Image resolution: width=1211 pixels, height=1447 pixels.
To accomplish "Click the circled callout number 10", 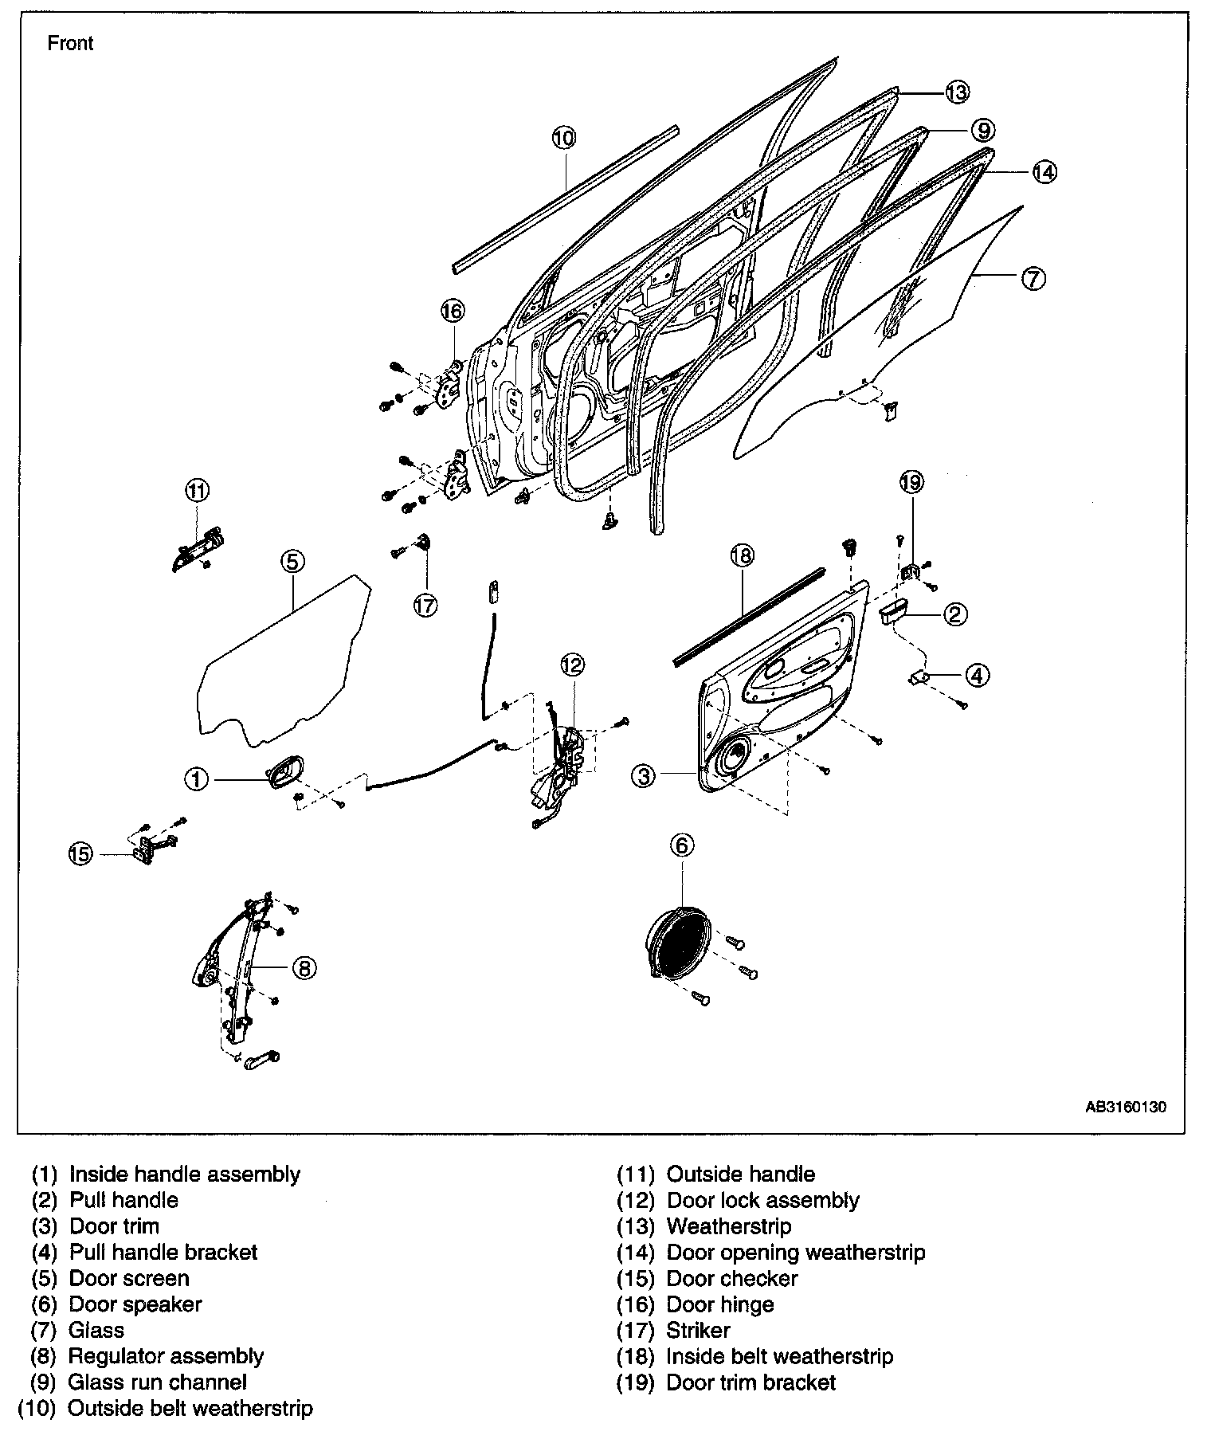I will tap(562, 138).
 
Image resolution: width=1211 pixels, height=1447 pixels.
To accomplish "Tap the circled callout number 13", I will tap(957, 92).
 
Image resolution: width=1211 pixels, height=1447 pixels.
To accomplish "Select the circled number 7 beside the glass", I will tap(1033, 279).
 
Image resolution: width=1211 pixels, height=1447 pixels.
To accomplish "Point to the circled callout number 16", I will tap(452, 310).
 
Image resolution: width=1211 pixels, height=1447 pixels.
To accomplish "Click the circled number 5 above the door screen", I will tap(292, 562).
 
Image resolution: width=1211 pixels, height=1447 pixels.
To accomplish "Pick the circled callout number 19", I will tap(911, 481).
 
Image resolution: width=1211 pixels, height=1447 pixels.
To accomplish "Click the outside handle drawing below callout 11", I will tap(195, 550).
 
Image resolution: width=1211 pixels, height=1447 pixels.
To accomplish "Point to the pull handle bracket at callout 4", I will tap(920, 676).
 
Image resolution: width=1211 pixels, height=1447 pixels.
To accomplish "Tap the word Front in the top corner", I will tap(70, 43).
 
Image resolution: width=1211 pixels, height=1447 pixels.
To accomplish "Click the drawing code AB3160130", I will tap(1127, 1107).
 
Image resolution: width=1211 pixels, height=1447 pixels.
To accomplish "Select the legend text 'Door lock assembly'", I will tap(762, 1200).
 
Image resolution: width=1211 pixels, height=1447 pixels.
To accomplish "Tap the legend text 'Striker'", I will tap(698, 1330).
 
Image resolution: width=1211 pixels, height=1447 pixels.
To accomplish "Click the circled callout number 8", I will tap(304, 968).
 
